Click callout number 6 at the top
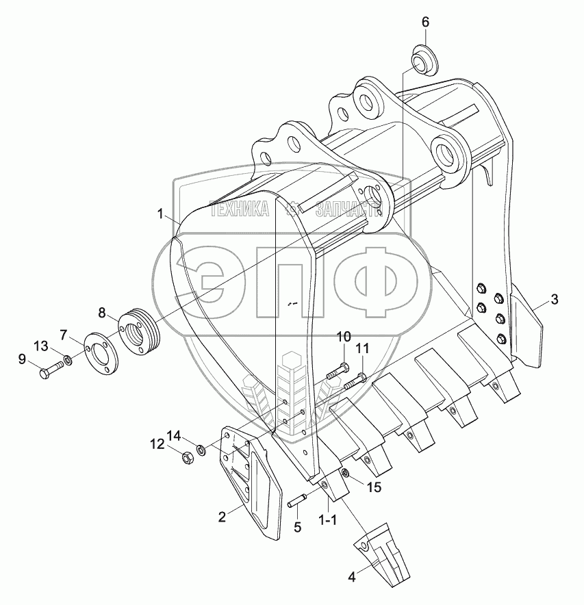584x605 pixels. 424,22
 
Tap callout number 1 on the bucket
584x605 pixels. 161,214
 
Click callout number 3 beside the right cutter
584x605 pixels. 554,299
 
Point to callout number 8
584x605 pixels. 101,313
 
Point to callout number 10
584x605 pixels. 344,337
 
